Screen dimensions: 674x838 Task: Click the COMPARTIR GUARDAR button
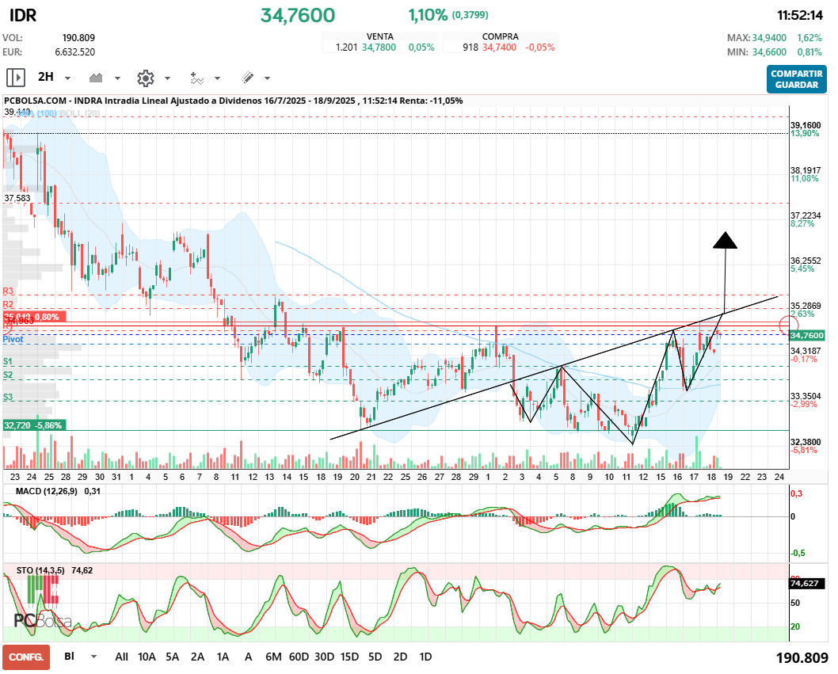(797, 78)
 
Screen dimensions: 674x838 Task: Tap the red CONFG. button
(26, 657)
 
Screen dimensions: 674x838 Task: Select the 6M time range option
(273, 657)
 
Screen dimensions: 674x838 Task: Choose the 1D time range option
(425, 657)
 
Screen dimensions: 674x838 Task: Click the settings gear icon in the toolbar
(145, 78)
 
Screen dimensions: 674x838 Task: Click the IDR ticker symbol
(23, 16)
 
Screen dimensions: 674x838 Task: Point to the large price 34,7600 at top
(298, 15)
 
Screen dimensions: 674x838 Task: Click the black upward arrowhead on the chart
(725, 240)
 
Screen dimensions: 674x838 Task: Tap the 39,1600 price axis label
(806, 125)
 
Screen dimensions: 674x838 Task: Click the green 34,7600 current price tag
(807, 336)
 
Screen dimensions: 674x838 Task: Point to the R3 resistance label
(9, 291)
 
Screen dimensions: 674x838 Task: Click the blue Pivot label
(13, 339)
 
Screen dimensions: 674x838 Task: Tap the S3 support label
(9, 397)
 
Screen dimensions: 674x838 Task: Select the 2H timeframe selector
(45, 78)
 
